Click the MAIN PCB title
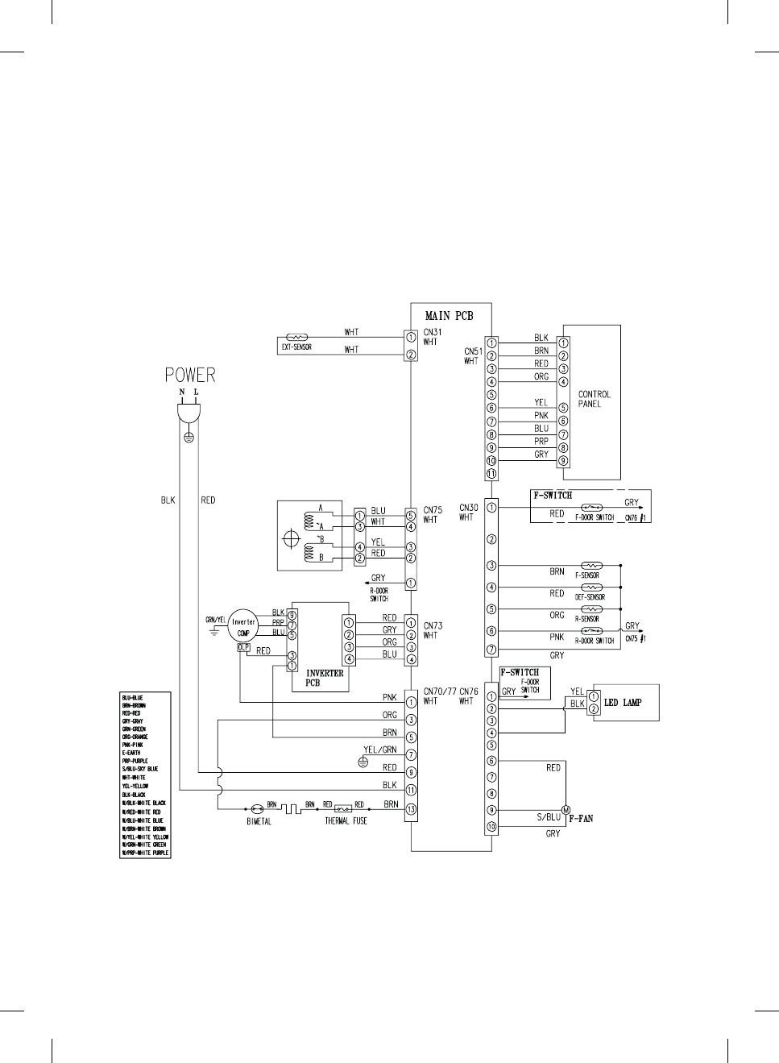tap(449, 316)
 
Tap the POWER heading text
tap(190, 375)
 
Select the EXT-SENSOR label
tap(296, 347)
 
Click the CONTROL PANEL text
tap(595, 399)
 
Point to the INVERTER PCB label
tap(325, 678)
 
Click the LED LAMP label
tap(623, 703)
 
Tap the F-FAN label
tap(581, 819)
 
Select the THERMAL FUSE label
tap(346, 821)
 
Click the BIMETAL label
tap(259, 821)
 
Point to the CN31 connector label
tap(433, 332)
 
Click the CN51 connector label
tap(473, 351)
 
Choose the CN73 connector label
tap(433, 625)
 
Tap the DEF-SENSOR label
tap(590, 597)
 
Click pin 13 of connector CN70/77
tap(412, 809)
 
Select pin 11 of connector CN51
tap(492, 474)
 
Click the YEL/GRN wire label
tap(380, 749)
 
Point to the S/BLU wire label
tap(549, 817)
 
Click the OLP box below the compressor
tap(242, 647)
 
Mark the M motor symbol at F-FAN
tap(566, 810)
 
